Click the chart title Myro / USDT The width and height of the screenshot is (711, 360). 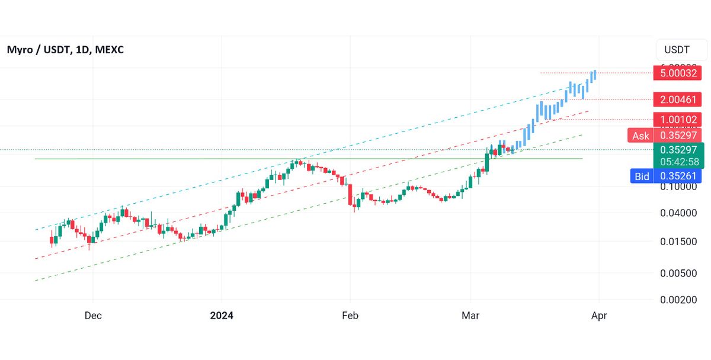38,50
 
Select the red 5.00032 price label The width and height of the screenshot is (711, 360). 678,73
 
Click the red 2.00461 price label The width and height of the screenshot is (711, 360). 678,99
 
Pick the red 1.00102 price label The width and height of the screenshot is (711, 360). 678,120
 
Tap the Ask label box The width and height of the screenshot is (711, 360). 640,136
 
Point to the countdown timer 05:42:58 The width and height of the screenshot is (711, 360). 678,162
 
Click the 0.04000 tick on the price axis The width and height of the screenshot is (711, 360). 678,213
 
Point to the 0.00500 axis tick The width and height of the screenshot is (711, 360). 678,273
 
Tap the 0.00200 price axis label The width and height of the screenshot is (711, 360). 678,300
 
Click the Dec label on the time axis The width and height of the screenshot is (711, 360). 93,316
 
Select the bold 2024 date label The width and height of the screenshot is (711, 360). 222,316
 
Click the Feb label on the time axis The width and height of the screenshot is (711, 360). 350,316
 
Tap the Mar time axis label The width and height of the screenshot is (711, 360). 470,316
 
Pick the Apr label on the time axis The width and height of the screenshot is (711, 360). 598,316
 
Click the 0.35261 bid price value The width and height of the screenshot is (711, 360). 678,176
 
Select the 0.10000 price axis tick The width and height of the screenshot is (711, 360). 678,187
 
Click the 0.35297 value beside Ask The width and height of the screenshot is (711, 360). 678,136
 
